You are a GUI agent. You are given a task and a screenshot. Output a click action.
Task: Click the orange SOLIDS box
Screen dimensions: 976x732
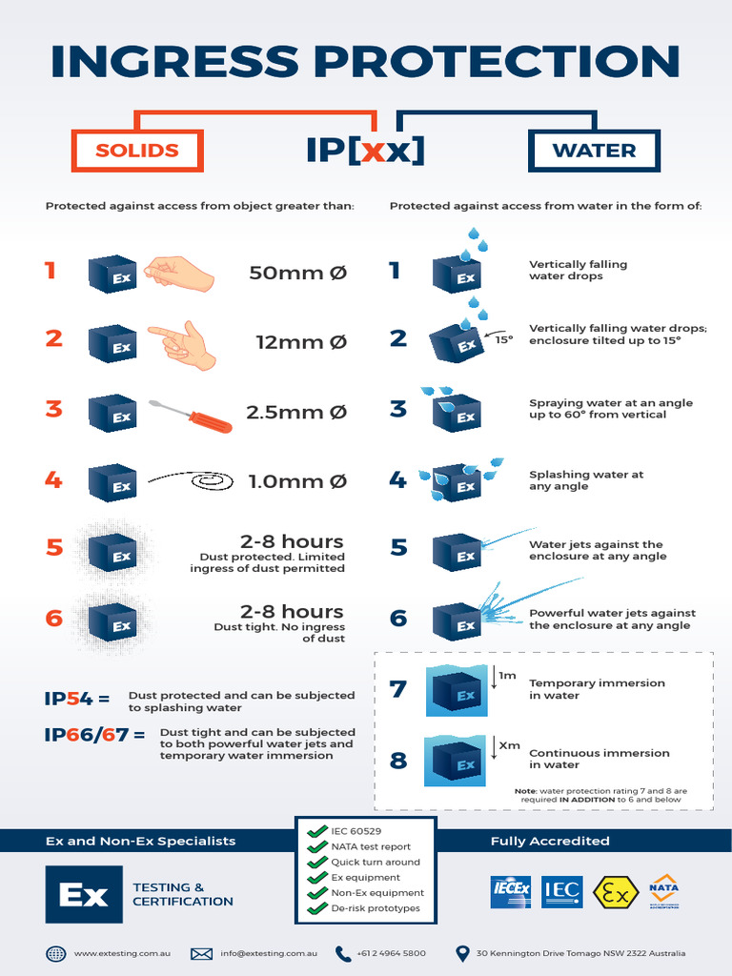(137, 151)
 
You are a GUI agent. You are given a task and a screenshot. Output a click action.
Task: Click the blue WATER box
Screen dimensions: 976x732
(594, 151)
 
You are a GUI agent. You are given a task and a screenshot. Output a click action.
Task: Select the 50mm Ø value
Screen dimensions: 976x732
(297, 273)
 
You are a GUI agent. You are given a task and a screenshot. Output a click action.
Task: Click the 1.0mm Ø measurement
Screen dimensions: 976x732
(297, 481)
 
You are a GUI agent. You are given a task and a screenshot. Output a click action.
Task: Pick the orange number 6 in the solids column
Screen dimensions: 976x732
(54, 619)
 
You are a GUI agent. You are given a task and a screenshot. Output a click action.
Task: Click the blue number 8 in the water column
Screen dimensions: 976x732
(398, 761)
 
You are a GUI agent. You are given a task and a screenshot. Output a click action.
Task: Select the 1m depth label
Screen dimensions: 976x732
(508, 676)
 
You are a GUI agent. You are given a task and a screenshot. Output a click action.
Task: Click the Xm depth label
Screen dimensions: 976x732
(510, 745)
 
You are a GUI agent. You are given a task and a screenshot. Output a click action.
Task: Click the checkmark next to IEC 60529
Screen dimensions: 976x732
(316, 831)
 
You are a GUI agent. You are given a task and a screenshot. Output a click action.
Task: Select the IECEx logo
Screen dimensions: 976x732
(510, 892)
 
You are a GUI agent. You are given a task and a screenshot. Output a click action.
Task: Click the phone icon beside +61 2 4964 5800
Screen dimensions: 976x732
(343, 953)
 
